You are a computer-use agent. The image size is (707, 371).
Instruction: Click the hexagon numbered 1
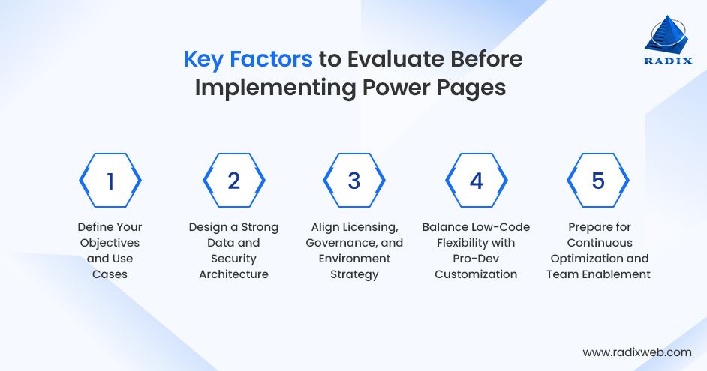tap(110, 181)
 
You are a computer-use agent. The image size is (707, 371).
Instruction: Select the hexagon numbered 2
tap(233, 181)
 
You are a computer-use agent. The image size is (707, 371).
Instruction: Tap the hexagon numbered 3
tap(354, 181)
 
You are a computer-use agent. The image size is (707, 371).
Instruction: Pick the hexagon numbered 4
tap(477, 181)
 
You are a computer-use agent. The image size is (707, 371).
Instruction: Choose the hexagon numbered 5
tap(597, 181)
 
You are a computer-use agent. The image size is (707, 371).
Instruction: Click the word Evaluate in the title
tap(396, 59)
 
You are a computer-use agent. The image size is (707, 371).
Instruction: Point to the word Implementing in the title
tap(272, 88)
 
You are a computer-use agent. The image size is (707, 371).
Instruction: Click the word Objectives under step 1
tap(110, 243)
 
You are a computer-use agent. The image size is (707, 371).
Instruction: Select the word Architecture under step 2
tap(233, 274)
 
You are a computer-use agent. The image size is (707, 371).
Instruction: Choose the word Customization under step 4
tap(476, 274)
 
